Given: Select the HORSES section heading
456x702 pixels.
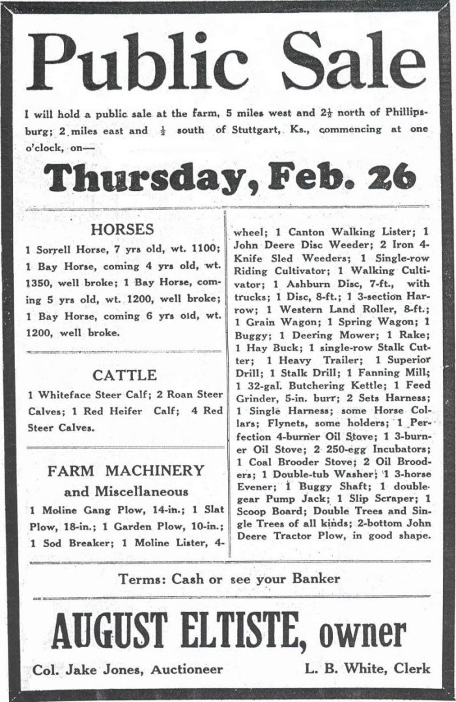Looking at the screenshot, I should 122,229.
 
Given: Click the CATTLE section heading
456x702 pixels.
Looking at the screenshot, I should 124,375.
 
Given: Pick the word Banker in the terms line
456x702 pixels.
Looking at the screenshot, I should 317,578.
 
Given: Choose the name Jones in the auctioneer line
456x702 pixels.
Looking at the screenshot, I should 113,669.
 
